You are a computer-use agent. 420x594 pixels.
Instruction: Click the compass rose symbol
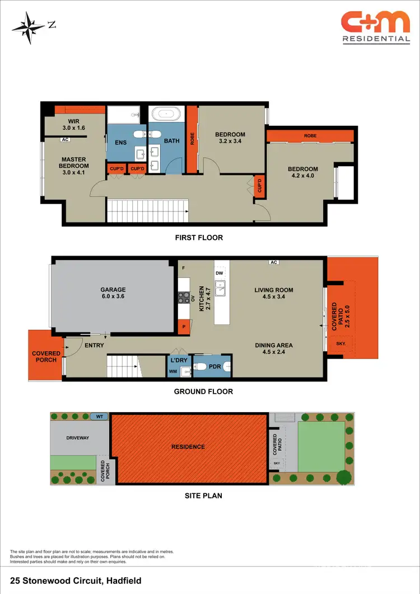coord(27,25)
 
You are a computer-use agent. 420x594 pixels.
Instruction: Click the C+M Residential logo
coord(376,27)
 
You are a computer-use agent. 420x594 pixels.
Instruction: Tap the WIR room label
coord(74,124)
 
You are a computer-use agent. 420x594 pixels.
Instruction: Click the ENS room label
coord(120,143)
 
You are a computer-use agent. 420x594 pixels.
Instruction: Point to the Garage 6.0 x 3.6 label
coord(113,293)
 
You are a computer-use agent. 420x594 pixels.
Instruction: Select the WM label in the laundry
coord(174,371)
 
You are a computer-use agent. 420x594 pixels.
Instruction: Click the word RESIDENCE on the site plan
coord(188,447)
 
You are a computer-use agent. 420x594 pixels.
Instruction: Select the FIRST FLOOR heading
coord(198,238)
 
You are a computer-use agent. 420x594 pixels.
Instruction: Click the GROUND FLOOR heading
coord(203,392)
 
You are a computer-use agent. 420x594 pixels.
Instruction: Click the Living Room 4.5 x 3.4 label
coord(274,293)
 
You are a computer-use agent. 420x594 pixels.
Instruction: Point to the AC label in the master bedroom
coord(65,139)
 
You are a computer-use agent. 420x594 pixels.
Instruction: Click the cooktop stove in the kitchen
coord(183,298)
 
